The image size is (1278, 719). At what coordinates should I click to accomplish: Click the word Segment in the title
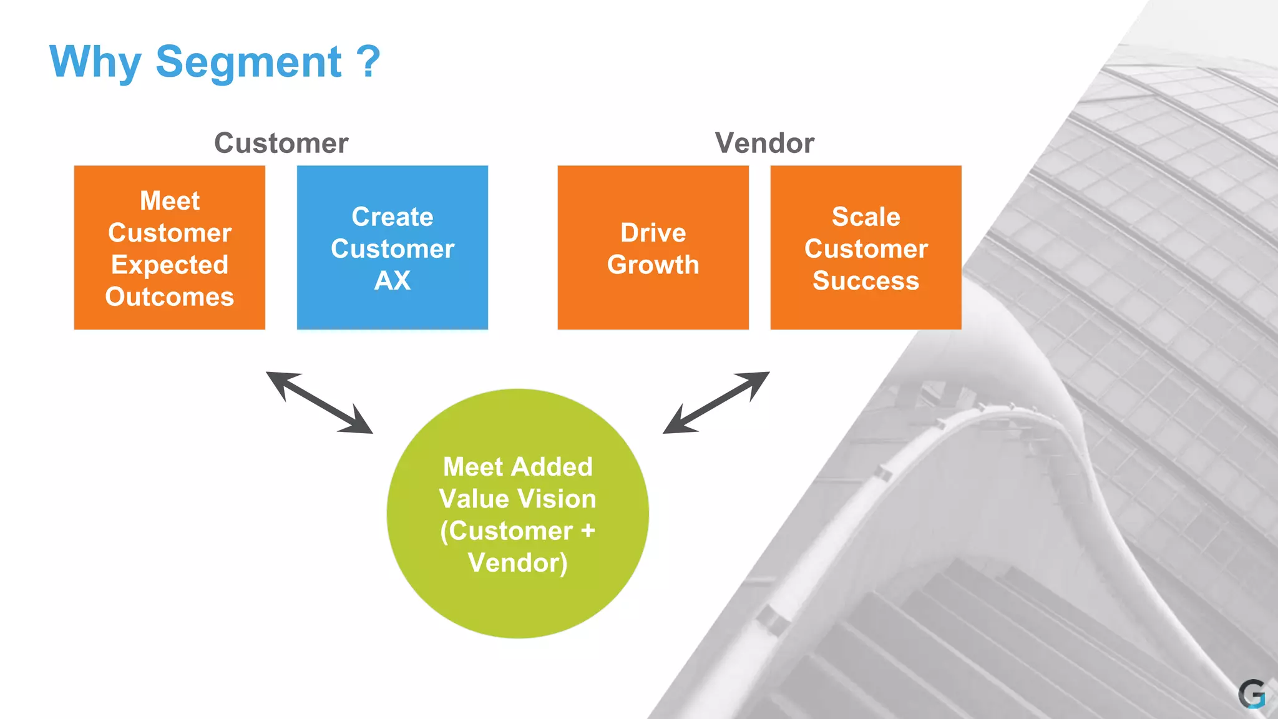(248, 62)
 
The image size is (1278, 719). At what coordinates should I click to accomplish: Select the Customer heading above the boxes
(281, 143)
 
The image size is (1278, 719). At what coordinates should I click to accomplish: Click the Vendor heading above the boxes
(764, 143)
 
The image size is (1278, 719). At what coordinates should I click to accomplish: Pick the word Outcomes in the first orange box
(169, 297)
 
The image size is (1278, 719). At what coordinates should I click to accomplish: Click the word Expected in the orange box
(169, 265)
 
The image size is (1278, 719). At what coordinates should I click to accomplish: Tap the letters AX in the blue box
(392, 281)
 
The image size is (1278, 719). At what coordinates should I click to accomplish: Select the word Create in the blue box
(392, 217)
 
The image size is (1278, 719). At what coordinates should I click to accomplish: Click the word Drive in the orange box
(653, 233)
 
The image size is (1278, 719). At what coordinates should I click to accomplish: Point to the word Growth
(653, 265)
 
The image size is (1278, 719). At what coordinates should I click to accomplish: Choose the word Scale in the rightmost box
(866, 217)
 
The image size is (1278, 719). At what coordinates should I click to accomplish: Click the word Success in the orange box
(866, 281)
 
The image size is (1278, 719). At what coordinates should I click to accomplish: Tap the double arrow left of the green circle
(319, 403)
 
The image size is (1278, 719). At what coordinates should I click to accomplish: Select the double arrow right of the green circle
(716, 403)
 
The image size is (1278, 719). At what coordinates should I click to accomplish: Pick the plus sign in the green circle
(587, 531)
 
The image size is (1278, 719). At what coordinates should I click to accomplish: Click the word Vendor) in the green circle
(517, 563)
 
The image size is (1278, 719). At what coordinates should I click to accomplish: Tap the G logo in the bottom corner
(1251, 694)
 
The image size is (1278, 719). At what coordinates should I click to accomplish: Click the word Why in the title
(95, 62)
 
